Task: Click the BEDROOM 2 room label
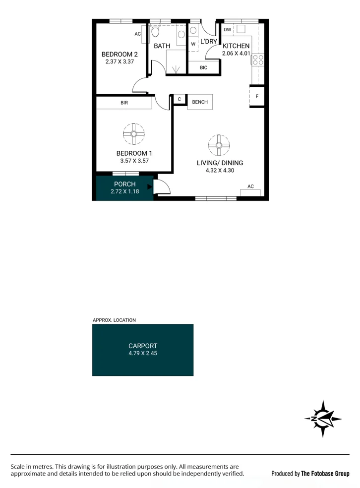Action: (x=120, y=54)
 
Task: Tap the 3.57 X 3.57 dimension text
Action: (x=134, y=161)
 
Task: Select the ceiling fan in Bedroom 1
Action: (x=134, y=133)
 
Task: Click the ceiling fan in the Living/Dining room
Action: (x=219, y=145)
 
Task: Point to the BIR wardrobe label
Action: (x=124, y=103)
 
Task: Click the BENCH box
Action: (x=200, y=102)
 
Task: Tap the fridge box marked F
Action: (x=257, y=96)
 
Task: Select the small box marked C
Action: (x=179, y=99)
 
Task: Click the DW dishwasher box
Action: (x=228, y=30)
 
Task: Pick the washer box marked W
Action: (x=193, y=44)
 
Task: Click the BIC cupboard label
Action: (x=203, y=67)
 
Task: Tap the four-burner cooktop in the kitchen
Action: (x=258, y=60)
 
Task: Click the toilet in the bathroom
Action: (x=155, y=32)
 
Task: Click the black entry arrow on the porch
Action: (x=150, y=187)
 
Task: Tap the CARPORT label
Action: (x=143, y=346)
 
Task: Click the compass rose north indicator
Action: (x=322, y=418)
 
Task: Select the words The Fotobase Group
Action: (x=325, y=474)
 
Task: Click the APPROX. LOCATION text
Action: (x=114, y=320)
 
